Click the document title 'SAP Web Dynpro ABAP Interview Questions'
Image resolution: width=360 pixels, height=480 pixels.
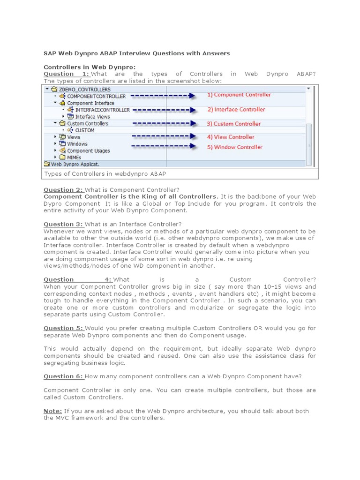[136, 53]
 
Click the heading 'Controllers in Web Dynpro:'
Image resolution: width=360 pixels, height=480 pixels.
[90, 67]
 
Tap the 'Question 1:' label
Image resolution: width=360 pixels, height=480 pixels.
[66, 74]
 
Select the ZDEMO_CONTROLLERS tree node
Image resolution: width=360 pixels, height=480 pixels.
[84, 89]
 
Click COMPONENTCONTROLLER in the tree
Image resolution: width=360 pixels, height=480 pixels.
[96, 96]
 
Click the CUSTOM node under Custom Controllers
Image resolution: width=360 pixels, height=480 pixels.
[85, 130]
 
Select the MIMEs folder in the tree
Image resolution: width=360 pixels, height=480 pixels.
[74, 157]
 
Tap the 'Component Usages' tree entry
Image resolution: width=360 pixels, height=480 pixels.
[88, 151]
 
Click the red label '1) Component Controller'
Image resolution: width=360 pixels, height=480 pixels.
[239, 95]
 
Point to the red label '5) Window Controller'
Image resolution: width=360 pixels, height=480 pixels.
[234, 147]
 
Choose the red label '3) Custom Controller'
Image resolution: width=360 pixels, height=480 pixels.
[234, 124]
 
